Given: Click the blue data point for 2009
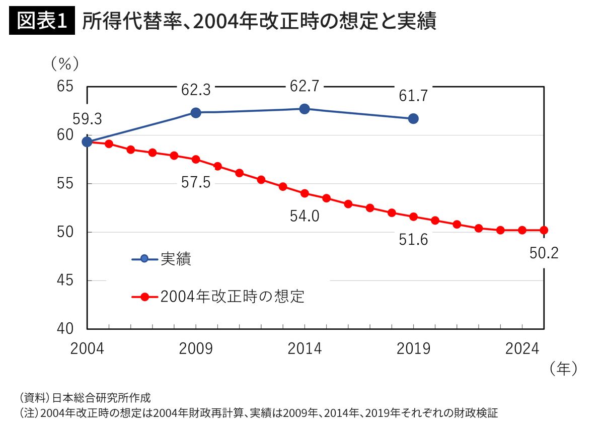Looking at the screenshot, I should click(196, 112).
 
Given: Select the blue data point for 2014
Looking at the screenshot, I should click(304, 109).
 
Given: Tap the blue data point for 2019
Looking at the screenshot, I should click(413, 118).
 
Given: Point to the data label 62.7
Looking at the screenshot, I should click(304, 86).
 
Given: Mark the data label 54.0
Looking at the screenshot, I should click(305, 216).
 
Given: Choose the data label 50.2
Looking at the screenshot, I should click(544, 253).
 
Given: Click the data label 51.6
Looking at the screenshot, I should click(413, 240).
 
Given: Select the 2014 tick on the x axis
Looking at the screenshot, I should click(304, 348).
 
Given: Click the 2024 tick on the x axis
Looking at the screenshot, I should click(522, 348).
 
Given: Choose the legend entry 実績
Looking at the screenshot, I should click(176, 259).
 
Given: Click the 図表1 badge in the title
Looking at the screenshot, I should click(42, 21).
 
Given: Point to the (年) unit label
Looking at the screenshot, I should click(562, 369).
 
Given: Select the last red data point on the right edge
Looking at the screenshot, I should click(544, 230).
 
